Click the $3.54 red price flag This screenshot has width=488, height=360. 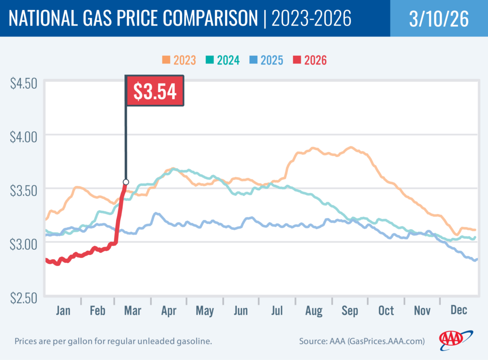click(154, 92)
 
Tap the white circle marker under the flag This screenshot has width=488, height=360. click(126, 182)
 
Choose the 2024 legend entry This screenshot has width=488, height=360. click(222, 60)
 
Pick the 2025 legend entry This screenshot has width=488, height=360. click(266, 60)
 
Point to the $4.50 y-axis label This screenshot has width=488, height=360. click(23, 84)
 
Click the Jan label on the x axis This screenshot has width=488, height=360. click(63, 311)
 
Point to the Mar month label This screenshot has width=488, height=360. click(133, 311)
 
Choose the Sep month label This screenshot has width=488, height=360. click(349, 311)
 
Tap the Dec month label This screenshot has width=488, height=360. click(458, 311)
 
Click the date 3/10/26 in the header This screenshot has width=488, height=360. click(438, 19)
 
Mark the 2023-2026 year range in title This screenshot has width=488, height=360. click(311, 19)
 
